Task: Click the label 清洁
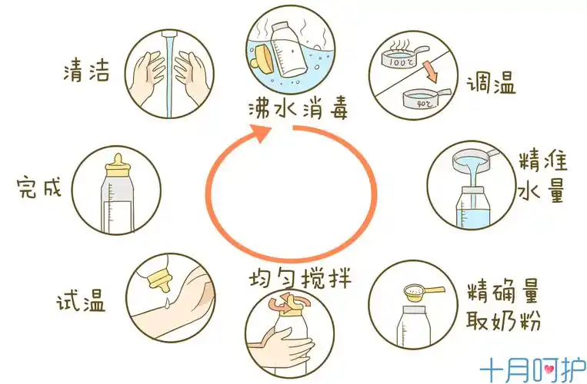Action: pyautogui.click(x=86, y=72)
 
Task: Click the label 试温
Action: pyautogui.click(x=82, y=300)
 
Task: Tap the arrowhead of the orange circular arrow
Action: pyautogui.click(x=261, y=132)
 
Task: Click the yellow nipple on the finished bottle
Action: pyautogui.click(x=117, y=164)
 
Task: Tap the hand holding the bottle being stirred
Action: pyautogui.click(x=288, y=338)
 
